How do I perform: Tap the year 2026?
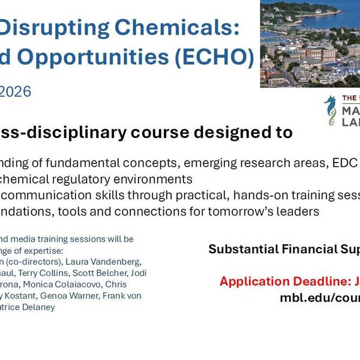click(x=16, y=91)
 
